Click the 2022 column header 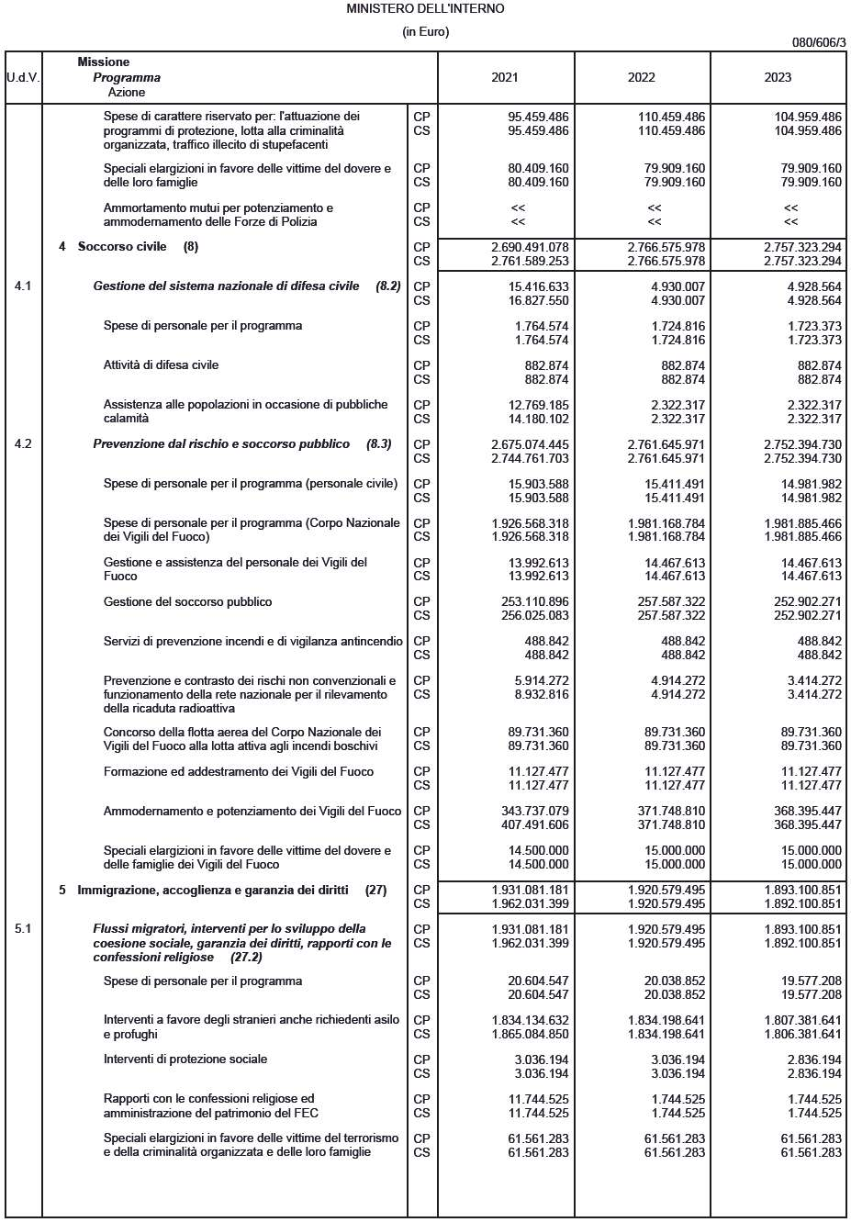point(641,77)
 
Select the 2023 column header point(778,77)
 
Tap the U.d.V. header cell point(23,77)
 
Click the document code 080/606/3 point(819,42)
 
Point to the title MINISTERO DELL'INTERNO point(425,8)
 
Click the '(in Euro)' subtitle point(425,31)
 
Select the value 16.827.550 point(538,300)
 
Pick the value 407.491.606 point(534,824)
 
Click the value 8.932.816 point(542,694)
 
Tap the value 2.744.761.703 point(530,458)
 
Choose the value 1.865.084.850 point(530,1034)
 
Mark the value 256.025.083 point(534,615)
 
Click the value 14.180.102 point(538,419)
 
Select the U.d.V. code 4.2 point(23,443)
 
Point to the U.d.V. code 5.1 point(23,928)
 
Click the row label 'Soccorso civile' point(122,246)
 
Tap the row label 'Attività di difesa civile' point(161,364)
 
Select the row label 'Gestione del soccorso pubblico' point(187,601)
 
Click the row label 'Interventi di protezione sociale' point(185,1059)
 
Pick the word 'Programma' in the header point(127,77)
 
